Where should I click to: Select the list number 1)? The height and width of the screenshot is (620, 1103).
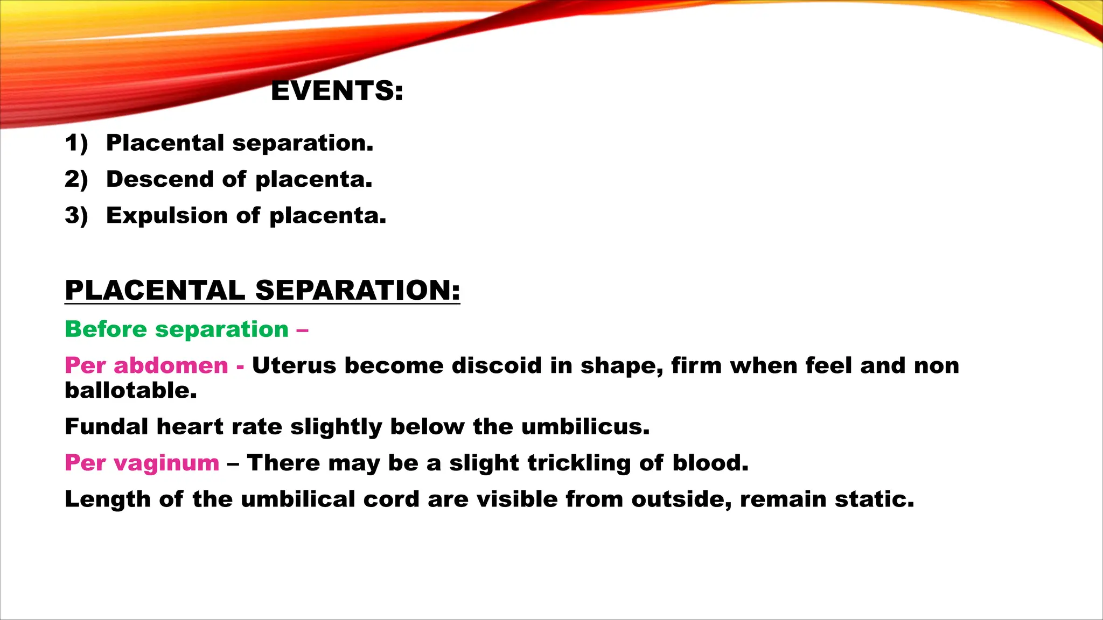click(x=76, y=143)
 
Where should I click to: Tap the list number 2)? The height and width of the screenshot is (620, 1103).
click(x=76, y=179)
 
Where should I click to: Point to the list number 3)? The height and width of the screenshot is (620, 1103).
click(x=76, y=215)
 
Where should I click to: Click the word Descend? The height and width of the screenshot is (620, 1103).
click(x=159, y=179)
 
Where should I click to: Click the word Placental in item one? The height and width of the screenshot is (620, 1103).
click(x=165, y=143)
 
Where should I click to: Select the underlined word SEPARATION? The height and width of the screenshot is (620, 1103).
click(x=358, y=290)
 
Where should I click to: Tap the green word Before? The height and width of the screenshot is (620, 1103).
click(x=106, y=329)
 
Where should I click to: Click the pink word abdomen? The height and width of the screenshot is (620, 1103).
click(x=171, y=365)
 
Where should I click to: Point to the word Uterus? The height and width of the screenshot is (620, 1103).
click(x=294, y=365)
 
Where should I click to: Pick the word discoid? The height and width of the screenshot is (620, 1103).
click(x=497, y=365)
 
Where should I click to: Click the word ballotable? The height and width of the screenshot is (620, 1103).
click(x=130, y=391)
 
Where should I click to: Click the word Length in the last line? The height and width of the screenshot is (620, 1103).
click(x=107, y=499)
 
